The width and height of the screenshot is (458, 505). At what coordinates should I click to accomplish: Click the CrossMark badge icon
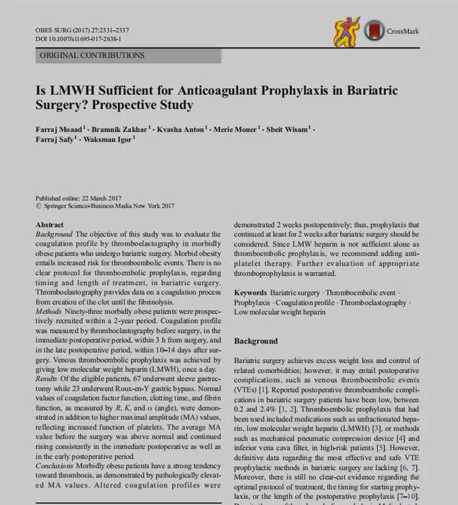coord(374,32)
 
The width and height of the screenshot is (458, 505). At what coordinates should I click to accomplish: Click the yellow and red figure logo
coord(346,32)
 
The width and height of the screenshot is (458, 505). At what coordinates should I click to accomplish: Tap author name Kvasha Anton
coord(180,130)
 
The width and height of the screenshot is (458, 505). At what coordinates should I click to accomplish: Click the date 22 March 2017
coord(102,198)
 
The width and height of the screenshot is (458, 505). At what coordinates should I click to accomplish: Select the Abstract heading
coord(49,225)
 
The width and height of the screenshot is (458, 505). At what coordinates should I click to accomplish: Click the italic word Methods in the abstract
coord(48,312)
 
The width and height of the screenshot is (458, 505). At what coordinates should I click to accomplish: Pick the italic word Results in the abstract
coord(46,378)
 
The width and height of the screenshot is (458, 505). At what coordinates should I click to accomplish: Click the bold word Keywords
coord(250,292)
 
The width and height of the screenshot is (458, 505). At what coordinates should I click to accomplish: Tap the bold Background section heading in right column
coord(256,341)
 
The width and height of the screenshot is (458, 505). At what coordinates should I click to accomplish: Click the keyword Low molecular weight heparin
coord(280,312)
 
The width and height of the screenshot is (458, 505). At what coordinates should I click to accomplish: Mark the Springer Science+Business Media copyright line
coord(105,206)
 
